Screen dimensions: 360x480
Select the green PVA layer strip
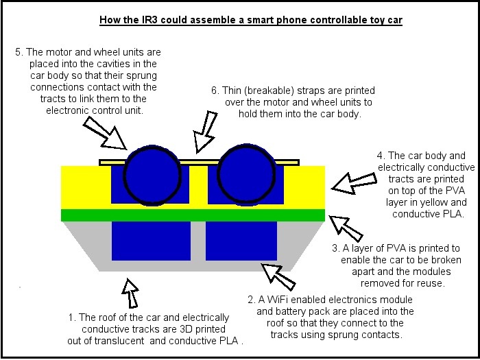[193, 215]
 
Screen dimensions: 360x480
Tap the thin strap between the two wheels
[198, 161]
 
